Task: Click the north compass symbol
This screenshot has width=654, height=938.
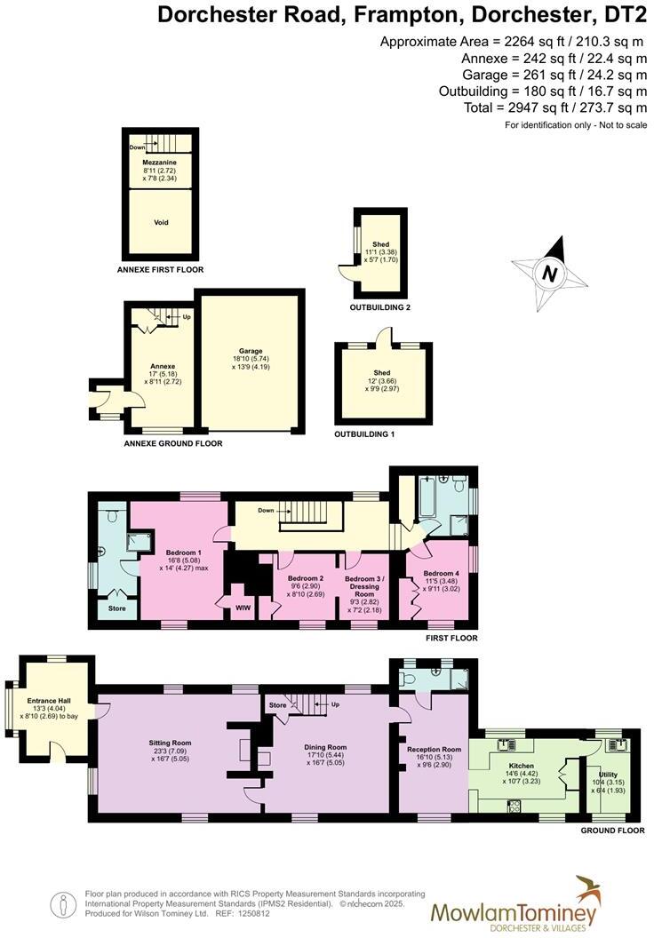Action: pyautogui.click(x=549, y=273)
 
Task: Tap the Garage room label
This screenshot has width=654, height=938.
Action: pyautogui.click(x=251, y=351)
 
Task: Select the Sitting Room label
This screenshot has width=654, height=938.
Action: pyautogui.click(x=170, y=743)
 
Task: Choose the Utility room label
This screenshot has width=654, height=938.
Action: pyautogui.click(x=608, y=775)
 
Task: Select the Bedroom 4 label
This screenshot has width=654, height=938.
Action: pyautogui.click(x=441, y=574)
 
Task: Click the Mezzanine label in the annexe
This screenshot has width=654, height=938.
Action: pyautogui.click(x=161, y=163)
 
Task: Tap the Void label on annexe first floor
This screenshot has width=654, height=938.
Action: pyautogui.click(x=161, y=223)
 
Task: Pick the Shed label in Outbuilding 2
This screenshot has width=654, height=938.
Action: pyautogui.click(x=381, y=244)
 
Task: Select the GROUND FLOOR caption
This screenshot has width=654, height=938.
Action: pyautogui.click(x=612, y=831)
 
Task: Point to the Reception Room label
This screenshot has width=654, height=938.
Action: pyautogui.click(x=434, y=749)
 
